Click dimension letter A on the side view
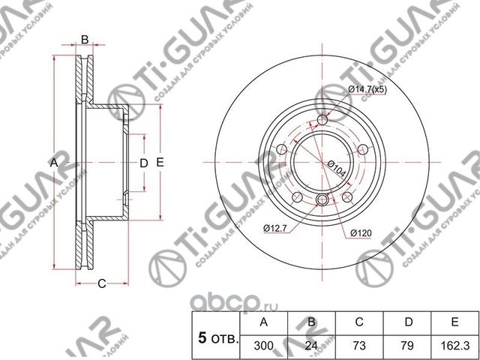pyautogui.click(x=53, y=163)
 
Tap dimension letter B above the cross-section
pyautogui.click(x=85, y=39)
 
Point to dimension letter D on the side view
pyautogui.click(x=143, y=163)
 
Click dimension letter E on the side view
pyautogui.click(x=160, y=163)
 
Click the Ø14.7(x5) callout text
pyautogui.click(x=367, y=90)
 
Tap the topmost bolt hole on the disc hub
pyautogui.click(x=322, y=121)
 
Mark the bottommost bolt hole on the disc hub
pyautogui.click(x=322, y=199)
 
